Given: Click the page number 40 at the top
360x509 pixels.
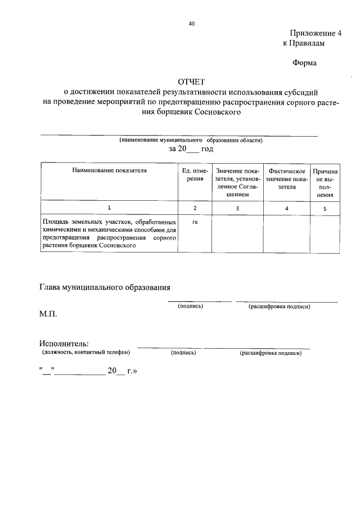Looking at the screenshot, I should pyautogui.click(x=192, y=24).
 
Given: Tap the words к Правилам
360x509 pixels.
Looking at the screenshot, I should pyautogui.click(x=304, y=43).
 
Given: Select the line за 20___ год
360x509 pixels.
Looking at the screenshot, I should pyautogui.click(x=191, y=149).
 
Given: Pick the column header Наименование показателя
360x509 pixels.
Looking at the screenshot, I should pyautogui.click(x=109, y=170).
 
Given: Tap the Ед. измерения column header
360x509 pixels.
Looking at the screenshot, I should pyautogui.click(x=195, y=174).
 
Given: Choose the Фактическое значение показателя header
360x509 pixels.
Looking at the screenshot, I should pyautogui.click(x=287, y=178).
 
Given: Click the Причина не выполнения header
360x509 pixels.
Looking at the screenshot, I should pyautogui.click(x=325, y=183).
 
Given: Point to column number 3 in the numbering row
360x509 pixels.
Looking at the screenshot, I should pyautogui.click(x=237, y=209).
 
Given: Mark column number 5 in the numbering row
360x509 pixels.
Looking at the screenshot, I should pyautogui.click(x=325, y=209).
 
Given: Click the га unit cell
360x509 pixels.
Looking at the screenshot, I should pyautogui.click(x=195, y=222).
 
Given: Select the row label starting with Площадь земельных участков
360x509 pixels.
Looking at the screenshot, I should pyautogui.click(x=109, y=234).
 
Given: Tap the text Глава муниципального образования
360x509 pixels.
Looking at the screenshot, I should pyautogui.click(x=105, y=287).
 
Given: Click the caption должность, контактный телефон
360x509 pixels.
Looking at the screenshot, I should pyautogui.click(x=85, y=353).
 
